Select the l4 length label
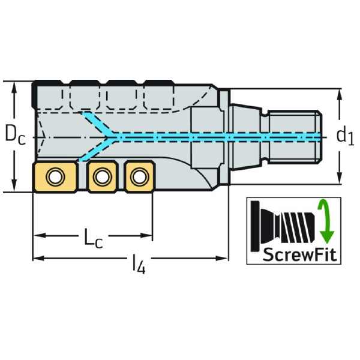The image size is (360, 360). click(x=137, y=265)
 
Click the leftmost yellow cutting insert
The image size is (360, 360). click(x=53, y=177)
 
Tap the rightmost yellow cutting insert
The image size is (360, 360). click(x=140, y=177)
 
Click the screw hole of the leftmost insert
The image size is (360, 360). click(x=55, y=176)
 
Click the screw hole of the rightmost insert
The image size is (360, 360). click(x=140, y=176)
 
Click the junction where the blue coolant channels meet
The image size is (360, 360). click(x=112, y=137)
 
